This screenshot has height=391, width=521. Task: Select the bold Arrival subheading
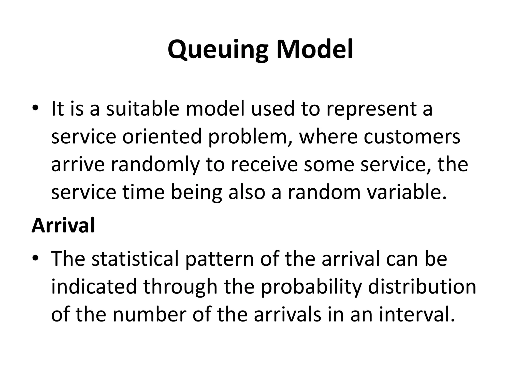(63, 225)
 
